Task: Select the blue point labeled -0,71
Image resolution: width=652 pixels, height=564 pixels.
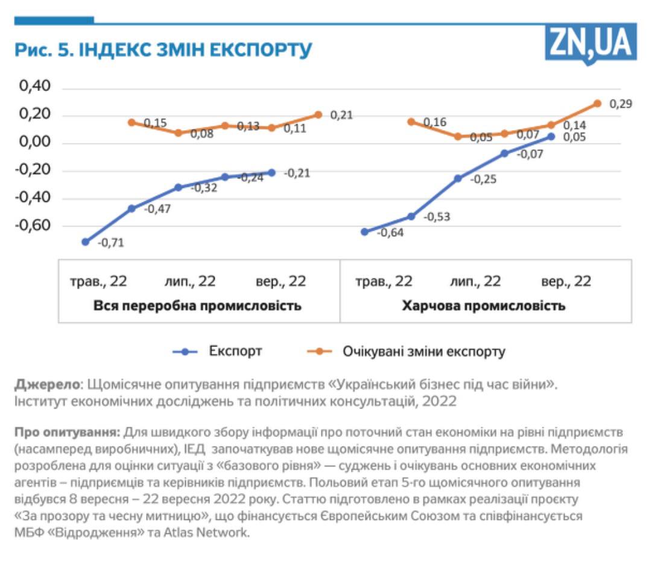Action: pyautogui.click(x=86, y=242)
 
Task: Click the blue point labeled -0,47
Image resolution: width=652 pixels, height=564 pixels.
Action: pyautogui.click(x=131, y=208)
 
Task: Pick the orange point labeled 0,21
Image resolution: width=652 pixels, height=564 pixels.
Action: pyautogui.click(x=318, y=114)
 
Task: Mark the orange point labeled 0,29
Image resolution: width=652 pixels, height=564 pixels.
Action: pyautogui.click(x=597, y=104)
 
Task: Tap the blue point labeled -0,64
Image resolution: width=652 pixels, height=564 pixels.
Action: pyautogui.click(x=364, y=231)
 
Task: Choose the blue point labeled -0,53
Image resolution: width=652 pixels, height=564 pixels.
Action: pyautogui.click(x=411, y=216)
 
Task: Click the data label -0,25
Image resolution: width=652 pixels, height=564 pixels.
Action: pyautogui.click(x=483, y=179)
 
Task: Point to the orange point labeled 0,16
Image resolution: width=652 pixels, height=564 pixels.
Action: pyautogui.click(x=411, y=122)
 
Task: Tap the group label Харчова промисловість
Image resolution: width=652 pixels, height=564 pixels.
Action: pyautogui.click(x=484, y=305)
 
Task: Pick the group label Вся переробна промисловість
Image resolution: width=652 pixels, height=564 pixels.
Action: pyautogui.click(x=197, y=305)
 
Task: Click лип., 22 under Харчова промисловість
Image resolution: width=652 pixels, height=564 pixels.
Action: pyautogui.click(x=475, y=281)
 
